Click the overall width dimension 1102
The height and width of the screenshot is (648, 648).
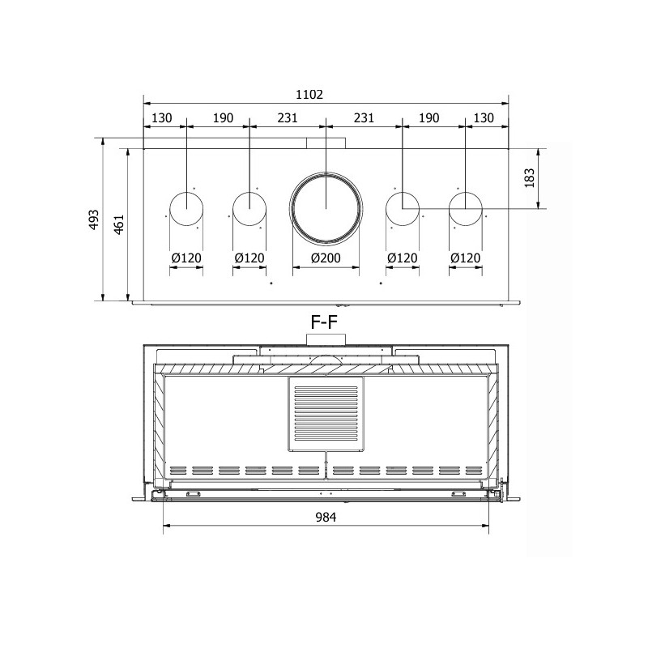309,95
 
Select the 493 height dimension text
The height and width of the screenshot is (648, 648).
95,220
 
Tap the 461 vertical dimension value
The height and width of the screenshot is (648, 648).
119,224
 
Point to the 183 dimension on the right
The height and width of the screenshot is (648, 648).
530,178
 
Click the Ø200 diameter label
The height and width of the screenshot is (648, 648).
326,258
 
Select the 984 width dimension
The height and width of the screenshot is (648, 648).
326,517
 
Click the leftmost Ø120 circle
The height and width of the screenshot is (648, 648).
187,192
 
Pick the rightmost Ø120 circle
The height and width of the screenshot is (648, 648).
466,192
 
